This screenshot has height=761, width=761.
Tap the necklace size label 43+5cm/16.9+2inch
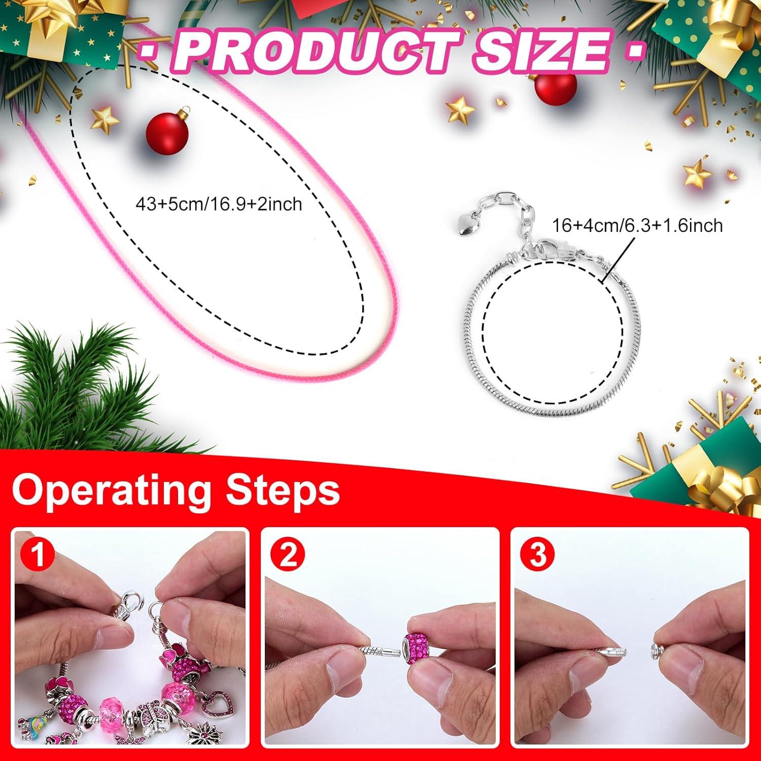click(219, 204)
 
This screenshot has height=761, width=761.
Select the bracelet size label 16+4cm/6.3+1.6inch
click(637, 225)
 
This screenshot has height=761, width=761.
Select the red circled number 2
click(288, 555)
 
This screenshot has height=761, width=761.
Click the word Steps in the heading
click(282, 491)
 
